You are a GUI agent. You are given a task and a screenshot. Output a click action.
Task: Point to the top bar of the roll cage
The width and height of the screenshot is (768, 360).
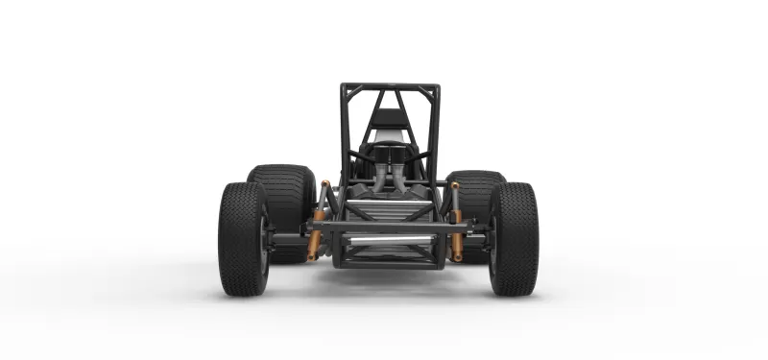coord(390,86)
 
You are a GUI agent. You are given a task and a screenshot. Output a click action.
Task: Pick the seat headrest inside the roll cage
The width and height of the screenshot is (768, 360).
coord(388,119)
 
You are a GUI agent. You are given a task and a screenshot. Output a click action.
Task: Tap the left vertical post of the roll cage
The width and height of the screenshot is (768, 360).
coord(343,134)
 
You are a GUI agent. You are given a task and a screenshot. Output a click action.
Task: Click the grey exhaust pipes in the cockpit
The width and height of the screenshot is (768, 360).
coord(389,179)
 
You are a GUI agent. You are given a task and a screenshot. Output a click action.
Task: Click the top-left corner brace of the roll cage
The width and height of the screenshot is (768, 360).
coord(352,96)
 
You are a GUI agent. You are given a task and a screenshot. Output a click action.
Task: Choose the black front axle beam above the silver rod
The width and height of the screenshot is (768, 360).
coord(388,228)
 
